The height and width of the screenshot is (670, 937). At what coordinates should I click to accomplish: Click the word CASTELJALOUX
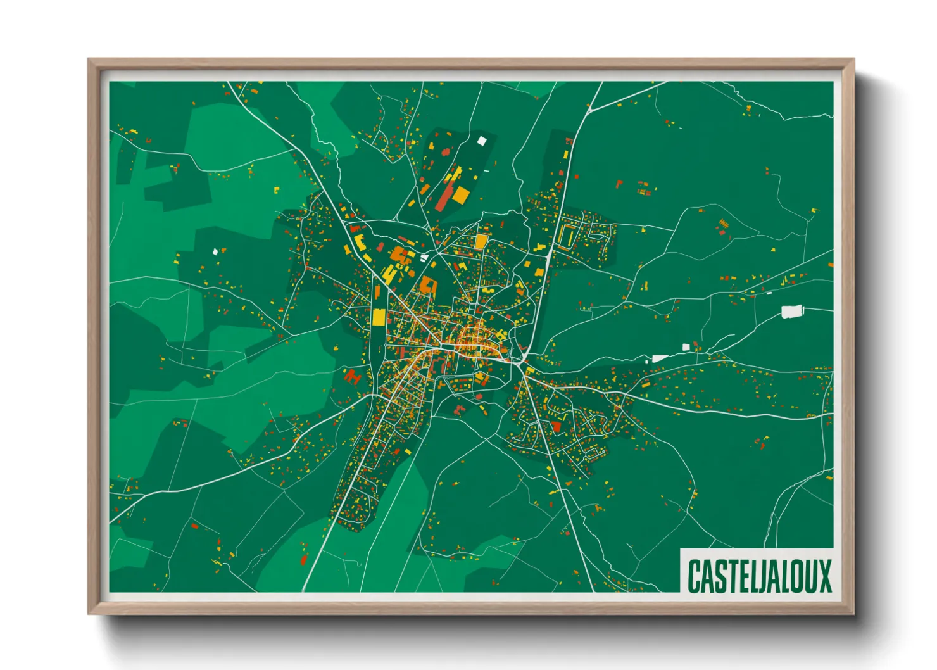point(758,576)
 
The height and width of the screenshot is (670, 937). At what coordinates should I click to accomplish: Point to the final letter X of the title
point(824,576)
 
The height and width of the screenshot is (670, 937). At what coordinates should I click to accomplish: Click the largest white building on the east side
point(791,311)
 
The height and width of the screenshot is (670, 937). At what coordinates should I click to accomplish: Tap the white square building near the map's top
point(482,141)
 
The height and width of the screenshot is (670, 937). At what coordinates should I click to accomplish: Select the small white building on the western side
point(215,251)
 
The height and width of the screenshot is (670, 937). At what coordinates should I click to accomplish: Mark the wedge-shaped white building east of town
point(660,358)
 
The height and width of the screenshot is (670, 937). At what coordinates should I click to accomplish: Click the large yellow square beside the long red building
point(461,195)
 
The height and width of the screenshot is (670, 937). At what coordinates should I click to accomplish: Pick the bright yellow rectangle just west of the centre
point(379,317)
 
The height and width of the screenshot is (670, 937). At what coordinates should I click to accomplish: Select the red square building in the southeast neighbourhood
point(557,427)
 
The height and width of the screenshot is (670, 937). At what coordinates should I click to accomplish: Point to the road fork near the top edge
point(590,110)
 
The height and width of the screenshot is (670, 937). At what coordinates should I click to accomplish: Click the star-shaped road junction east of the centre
point(522,365)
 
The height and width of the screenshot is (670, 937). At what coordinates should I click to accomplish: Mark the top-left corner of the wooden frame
point(89,60)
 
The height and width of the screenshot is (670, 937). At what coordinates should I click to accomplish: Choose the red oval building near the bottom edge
point(303,560)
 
